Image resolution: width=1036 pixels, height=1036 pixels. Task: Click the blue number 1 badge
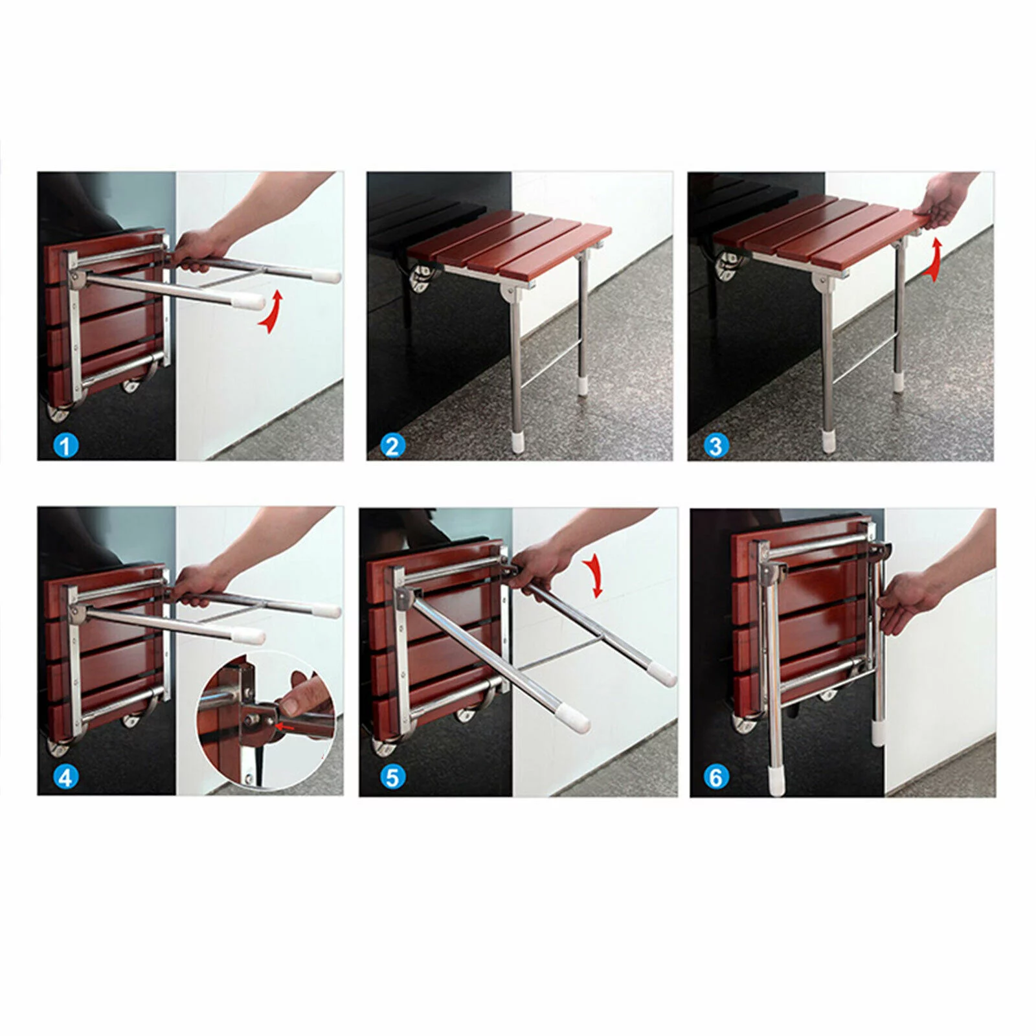66,445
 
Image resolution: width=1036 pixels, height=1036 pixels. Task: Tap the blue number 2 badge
392,445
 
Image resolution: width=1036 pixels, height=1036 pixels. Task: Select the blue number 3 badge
715,445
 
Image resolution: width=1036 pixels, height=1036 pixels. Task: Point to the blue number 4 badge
66,777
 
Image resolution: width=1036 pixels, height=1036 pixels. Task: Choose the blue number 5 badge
392,777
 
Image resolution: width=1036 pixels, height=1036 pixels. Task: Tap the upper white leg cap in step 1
328,276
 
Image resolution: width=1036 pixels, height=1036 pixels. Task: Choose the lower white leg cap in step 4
251,635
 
